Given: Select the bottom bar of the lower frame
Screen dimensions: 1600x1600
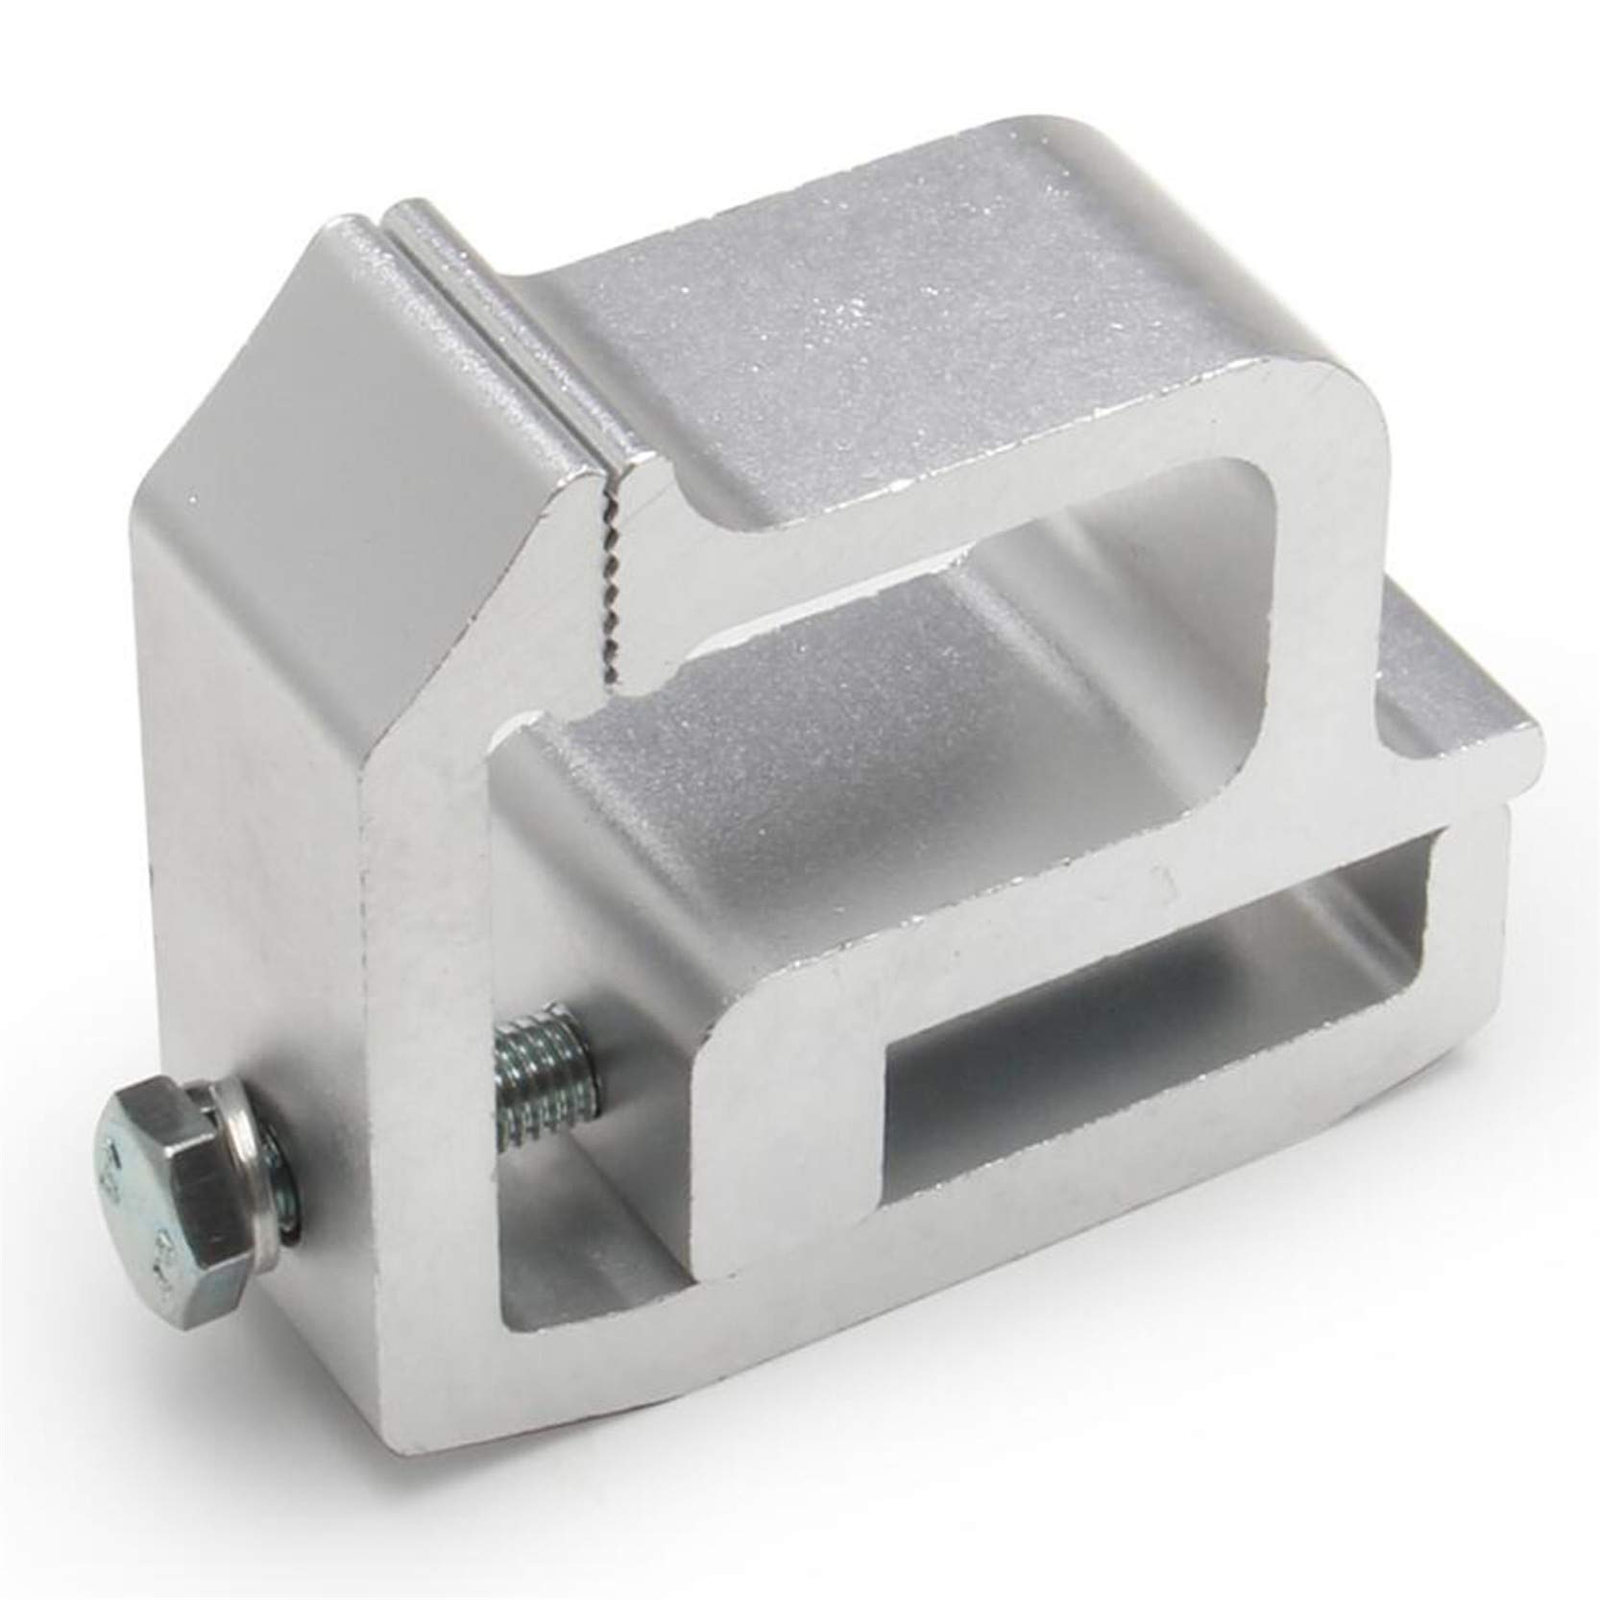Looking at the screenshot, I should pos(960,1239).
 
